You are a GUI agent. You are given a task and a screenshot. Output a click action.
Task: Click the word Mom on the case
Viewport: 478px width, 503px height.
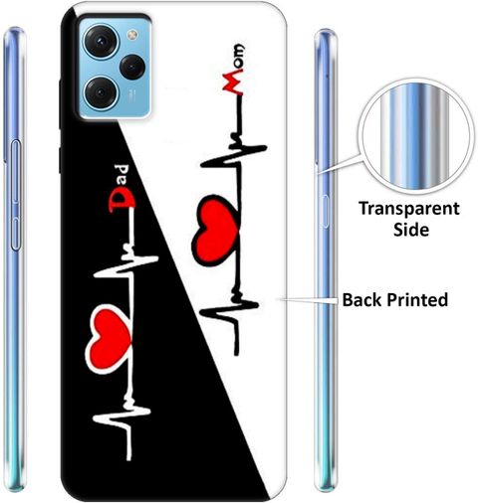click(233, 70)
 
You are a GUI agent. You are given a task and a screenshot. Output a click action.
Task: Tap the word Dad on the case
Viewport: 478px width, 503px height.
click(121, 188)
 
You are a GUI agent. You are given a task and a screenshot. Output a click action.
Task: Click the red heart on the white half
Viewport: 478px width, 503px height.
click(215, 231)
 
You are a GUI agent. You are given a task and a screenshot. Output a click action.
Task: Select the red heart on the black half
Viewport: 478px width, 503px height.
click(109, 338)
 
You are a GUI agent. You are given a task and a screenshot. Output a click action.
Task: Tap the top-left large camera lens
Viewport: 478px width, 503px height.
click(101, 42)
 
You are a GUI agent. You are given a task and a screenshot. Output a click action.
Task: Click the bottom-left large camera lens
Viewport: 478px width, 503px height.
click(101, 92)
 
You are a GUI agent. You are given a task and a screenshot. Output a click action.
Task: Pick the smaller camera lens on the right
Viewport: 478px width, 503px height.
click(132, 68)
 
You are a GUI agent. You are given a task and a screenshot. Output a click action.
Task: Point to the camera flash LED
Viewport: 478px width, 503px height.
click(132, 34)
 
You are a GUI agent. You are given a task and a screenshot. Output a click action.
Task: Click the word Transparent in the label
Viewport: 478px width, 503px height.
click(409, 210)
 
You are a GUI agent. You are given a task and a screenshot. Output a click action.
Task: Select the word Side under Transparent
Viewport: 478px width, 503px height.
click(411, 230)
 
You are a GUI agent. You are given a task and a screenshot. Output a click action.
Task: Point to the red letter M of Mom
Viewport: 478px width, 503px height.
click(233, 84)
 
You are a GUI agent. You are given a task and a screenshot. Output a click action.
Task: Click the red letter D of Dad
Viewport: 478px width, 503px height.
click(121, 201)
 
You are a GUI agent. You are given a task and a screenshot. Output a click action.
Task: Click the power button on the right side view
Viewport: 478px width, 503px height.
click(325, 212)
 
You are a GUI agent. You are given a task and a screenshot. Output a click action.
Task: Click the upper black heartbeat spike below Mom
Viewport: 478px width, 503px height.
click(234, 156)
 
